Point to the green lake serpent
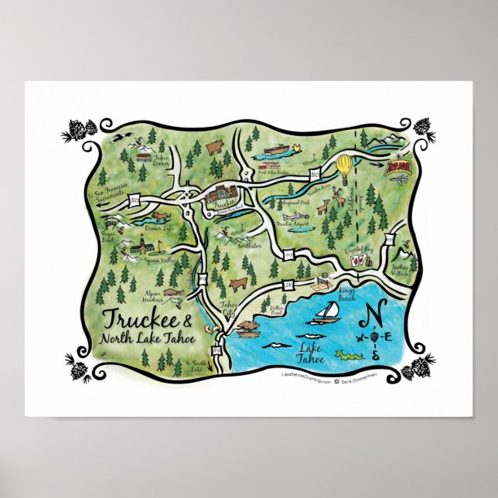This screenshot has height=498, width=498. pyautogui.click(x=349, y=356)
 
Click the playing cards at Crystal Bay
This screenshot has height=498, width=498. pyautogui.click(x=357, y=261)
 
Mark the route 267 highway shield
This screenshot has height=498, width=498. pyautogui.click(x=290, y=253)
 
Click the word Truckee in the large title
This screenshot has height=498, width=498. pyautogui.click(x=138, y=320)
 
